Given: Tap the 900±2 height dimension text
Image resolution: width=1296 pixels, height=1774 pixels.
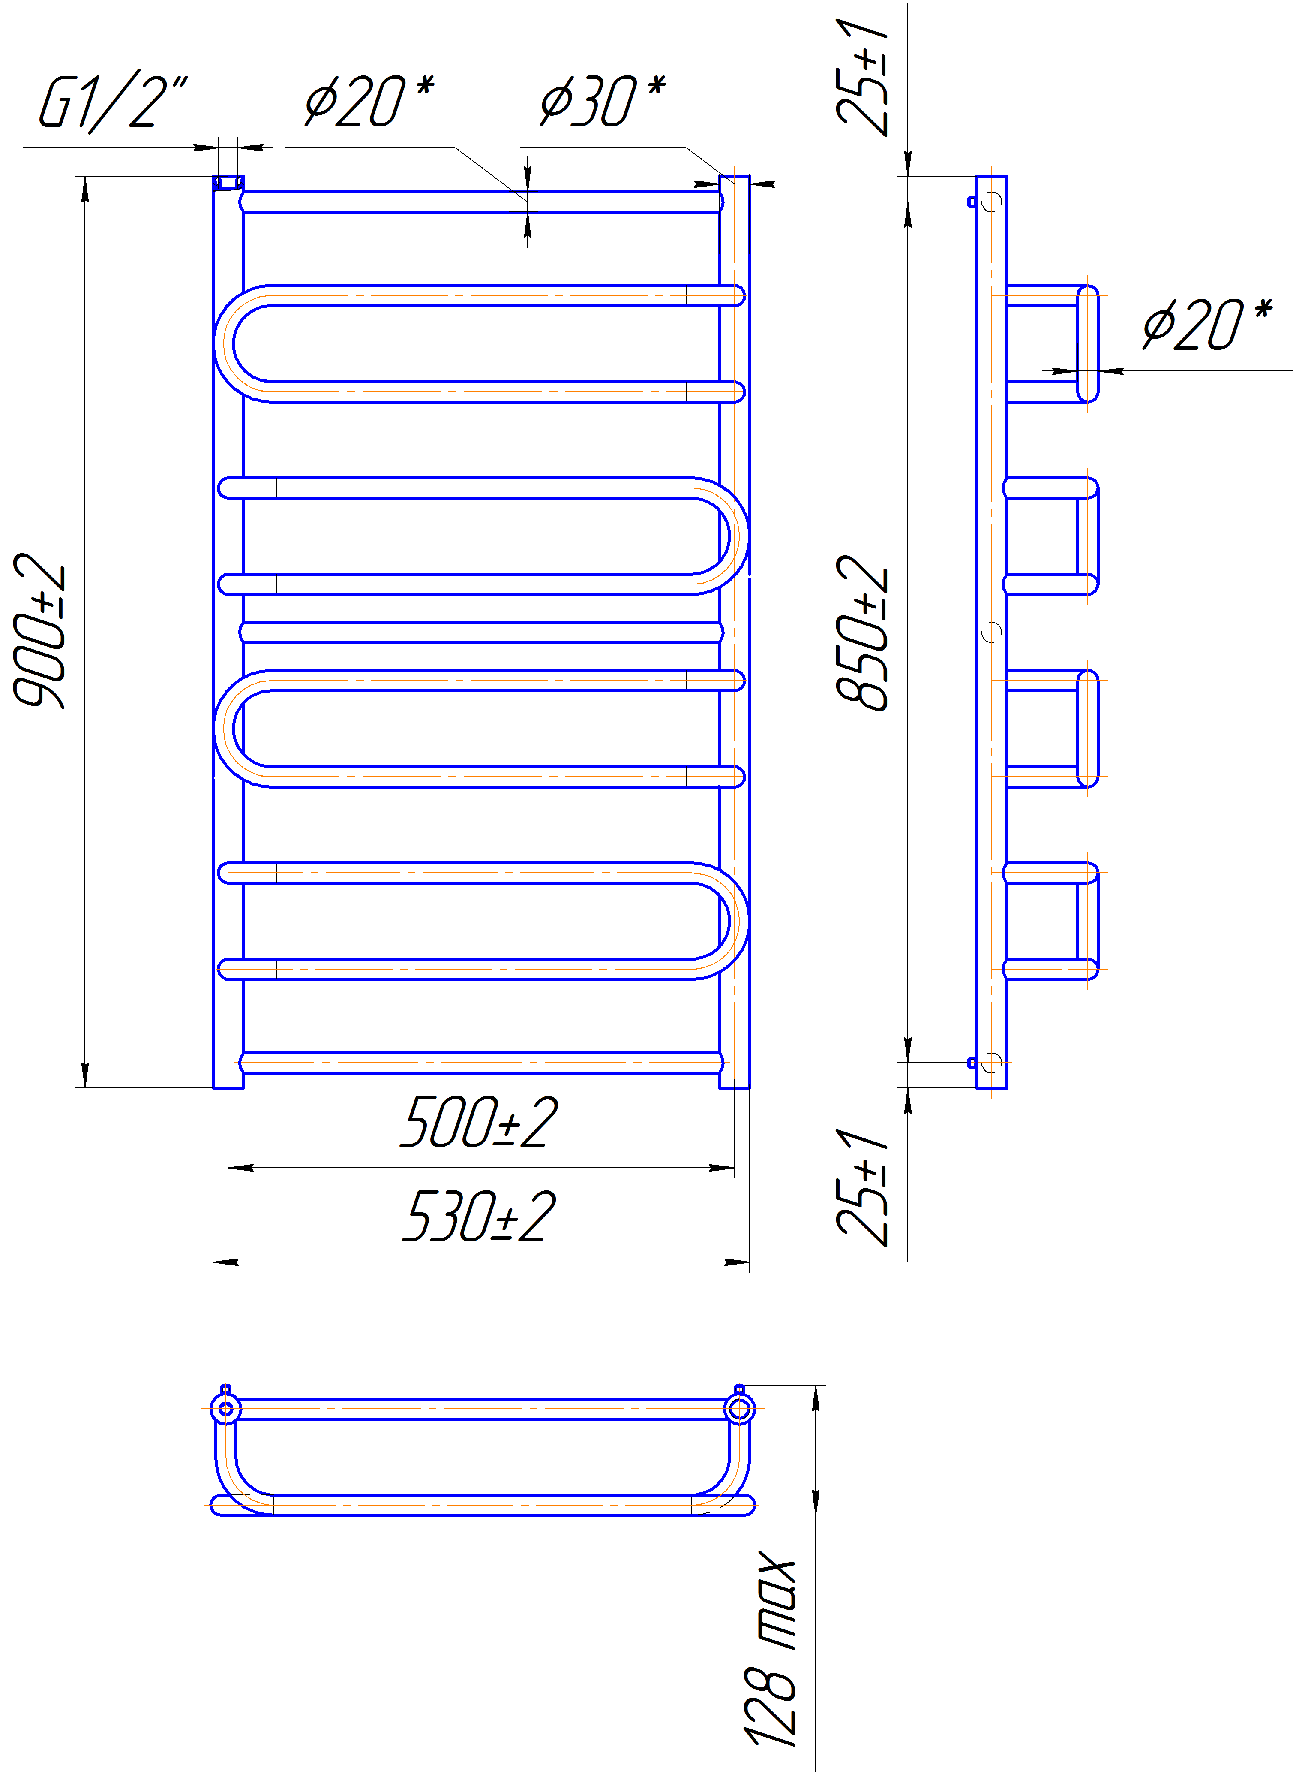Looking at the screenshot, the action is [x=39, y=630].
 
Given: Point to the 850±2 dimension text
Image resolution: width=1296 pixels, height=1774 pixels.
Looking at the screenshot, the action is [x=862, y=632].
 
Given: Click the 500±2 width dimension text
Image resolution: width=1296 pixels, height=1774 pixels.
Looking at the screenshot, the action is [x=479, y=1122].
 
